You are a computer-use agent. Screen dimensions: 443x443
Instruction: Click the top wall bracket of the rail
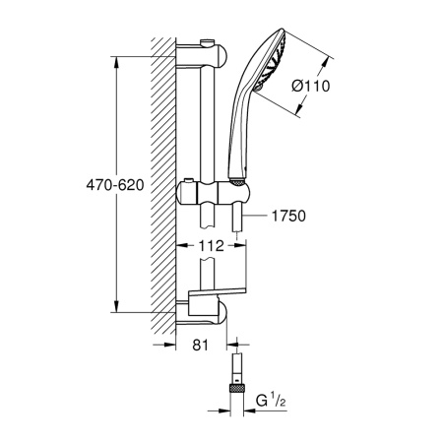(202, 48)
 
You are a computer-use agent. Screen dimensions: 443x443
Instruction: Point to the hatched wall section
(163, 177)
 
